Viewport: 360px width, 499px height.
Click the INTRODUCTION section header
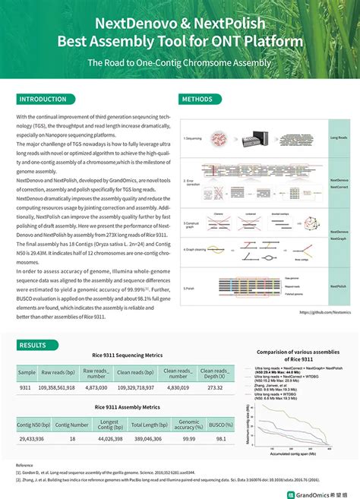(43, 99)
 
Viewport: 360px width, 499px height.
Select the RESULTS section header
(33, 345)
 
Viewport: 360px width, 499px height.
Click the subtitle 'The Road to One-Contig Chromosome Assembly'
(179, 62)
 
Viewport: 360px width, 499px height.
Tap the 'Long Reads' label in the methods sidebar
(339, 138)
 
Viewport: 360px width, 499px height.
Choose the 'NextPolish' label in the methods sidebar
(339, 286)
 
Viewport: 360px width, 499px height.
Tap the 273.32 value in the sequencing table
(215, 387)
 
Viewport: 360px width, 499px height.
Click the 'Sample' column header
(27, 372)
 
